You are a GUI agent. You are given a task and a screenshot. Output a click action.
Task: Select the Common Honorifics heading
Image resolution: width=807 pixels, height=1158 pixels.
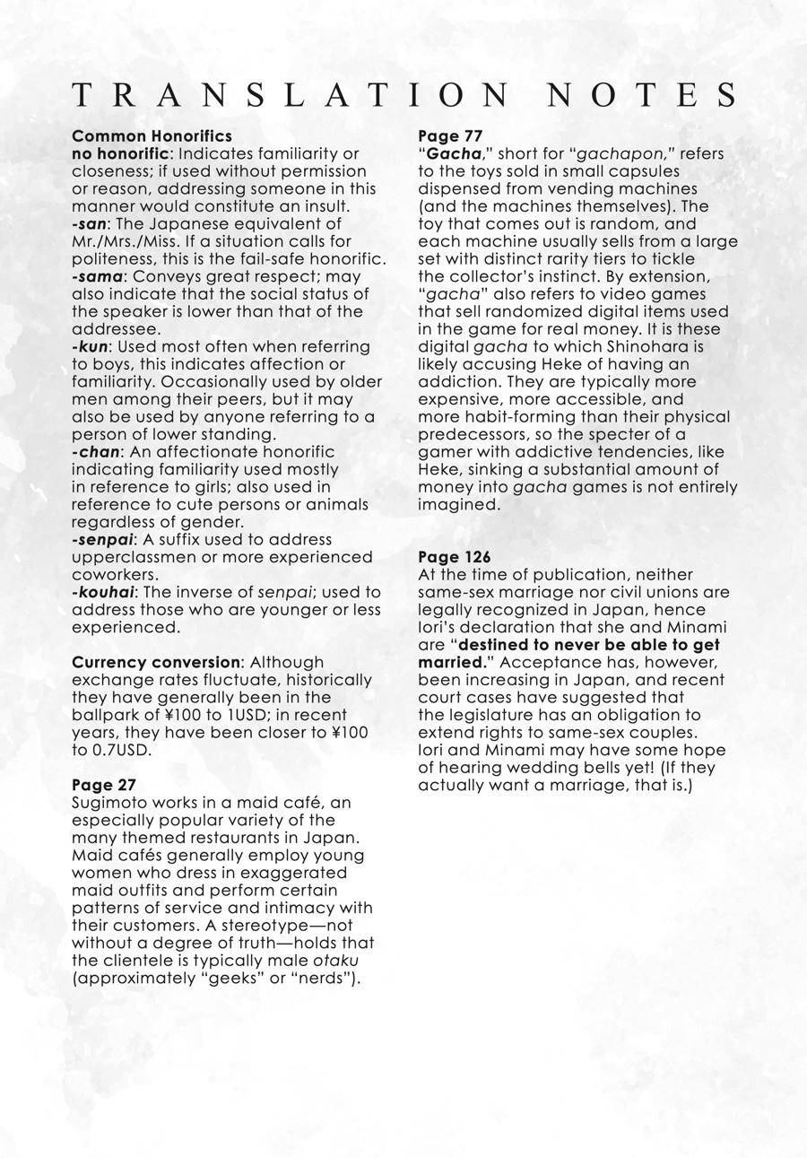pyautogui.click(x=152, y=136)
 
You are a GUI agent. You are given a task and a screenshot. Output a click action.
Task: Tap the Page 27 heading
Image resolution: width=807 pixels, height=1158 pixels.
pyautogui.click(x=104, y=785)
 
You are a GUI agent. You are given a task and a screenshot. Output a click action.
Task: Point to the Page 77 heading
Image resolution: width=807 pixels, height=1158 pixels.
pyautogui.click(x=450, y=136)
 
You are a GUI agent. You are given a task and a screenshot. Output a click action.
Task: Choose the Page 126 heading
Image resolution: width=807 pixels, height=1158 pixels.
pyautogui.click(x=455, y=557)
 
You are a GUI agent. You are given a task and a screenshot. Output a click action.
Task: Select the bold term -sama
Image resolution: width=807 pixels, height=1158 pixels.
pyautogui.click(x=97, y=276)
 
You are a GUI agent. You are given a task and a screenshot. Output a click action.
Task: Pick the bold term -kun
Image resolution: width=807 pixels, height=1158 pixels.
pyautogui.click(x=90, y=346)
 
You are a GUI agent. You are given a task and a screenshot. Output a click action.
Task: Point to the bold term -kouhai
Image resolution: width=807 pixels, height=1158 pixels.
pyautogui.click(x=102, y=592)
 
